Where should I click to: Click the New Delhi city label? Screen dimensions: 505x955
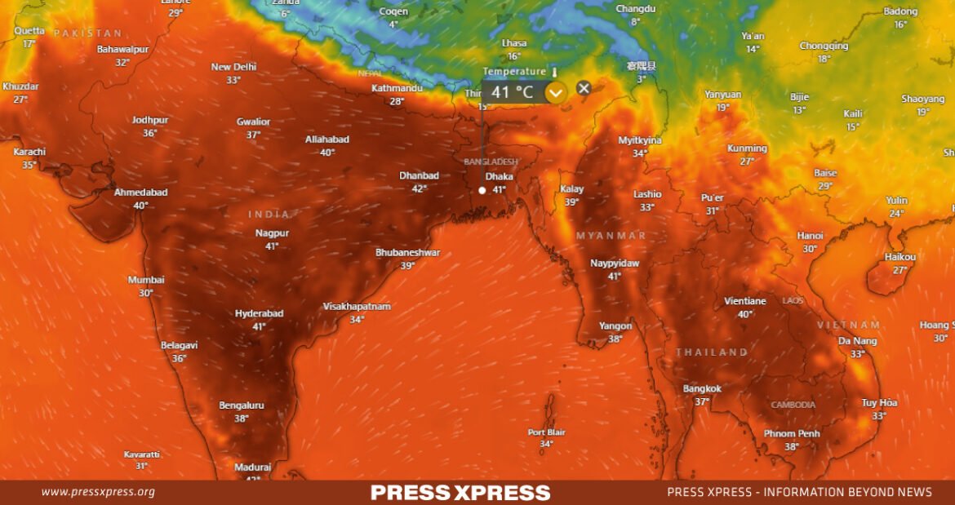click(233, 67)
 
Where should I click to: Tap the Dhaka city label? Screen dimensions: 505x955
click(499, 176)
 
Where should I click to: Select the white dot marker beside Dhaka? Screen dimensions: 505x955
click(482, 190)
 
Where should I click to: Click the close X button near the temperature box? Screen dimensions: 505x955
click(583, 88)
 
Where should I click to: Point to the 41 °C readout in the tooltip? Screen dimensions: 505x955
click(512, 92)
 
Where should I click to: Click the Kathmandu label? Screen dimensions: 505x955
click(397, 88)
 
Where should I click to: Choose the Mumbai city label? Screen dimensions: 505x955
click(145, 280)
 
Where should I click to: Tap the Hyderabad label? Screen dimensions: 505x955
click(259, 313)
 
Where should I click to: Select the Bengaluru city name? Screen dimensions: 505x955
click(241, 405)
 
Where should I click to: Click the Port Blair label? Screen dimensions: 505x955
click(546, 432)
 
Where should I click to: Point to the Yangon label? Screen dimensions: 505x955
click(615, 326)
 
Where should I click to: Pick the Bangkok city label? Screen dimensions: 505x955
click(702, 388)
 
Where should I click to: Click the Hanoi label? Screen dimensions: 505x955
click(810, 236)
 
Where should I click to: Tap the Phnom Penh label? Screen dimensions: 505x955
click(792, 433)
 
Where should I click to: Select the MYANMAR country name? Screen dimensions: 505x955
click(611, 236)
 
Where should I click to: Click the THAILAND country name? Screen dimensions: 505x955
click(711, 352)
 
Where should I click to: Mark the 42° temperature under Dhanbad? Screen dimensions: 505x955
click(419, 188)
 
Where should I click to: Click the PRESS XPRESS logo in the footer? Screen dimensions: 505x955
click(460, 493)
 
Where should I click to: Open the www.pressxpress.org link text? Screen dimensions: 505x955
click(98, 492)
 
